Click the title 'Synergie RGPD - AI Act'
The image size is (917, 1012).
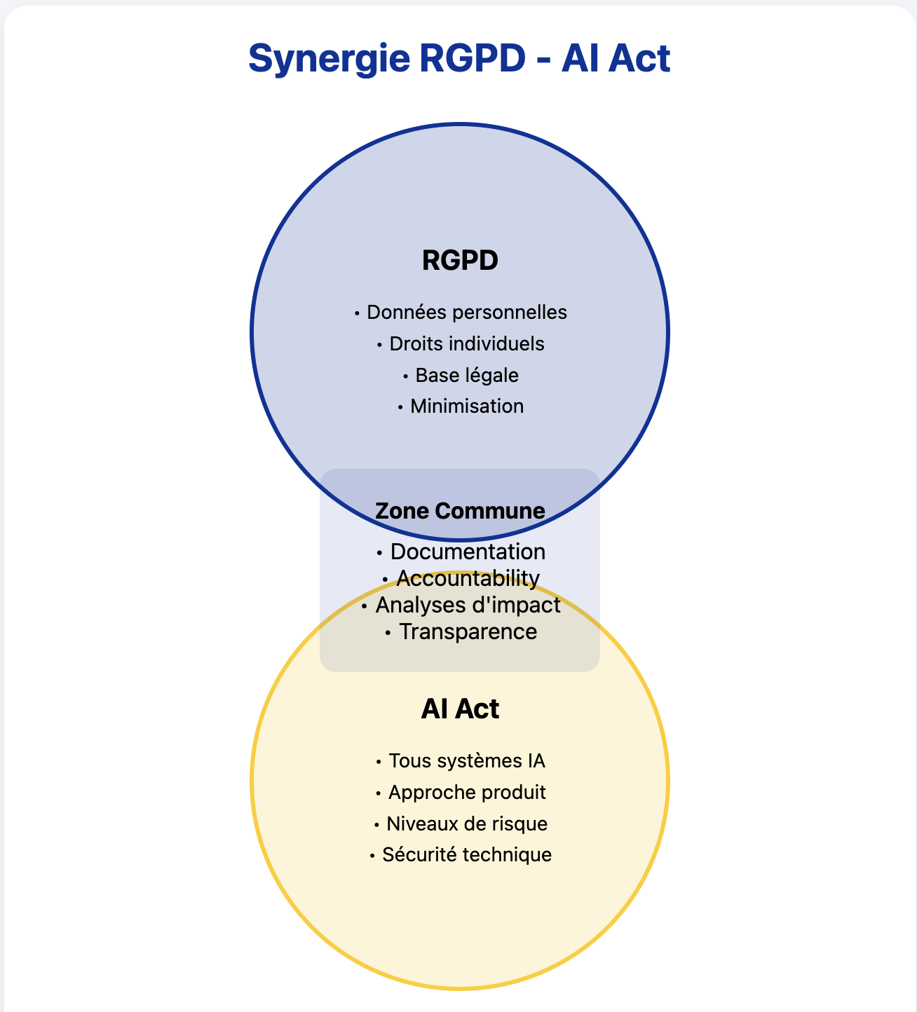tap(459, 57)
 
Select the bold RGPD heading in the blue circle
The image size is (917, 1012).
tap(460, 260)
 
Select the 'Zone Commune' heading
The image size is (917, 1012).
tap(460, 510)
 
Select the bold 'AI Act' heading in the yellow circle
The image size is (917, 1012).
tap(460, 709)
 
